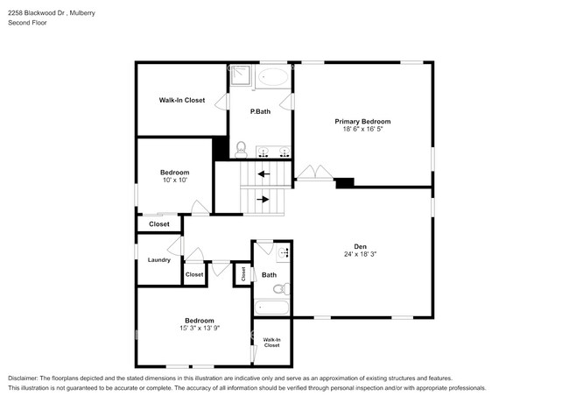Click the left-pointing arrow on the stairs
click(263, 174)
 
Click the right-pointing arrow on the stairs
click(263, 199)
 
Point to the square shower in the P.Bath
click(241, 77)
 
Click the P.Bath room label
click(259, 111)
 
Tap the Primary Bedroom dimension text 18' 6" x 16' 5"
click(362, 129)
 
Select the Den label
click(360, 246)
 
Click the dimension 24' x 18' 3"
click(360, 254)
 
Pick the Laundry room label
click(158, 259)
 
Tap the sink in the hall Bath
click(284, 254)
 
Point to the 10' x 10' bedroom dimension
click(174, 180)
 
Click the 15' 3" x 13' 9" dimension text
click(199, 329)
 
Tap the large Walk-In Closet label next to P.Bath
click(181, 100)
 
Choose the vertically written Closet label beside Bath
click(243, 274)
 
